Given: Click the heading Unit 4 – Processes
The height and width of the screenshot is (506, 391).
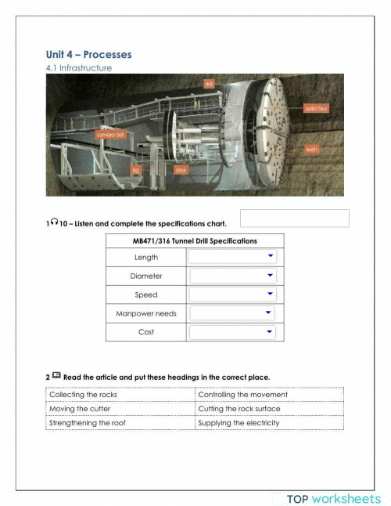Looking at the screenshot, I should [88, 54].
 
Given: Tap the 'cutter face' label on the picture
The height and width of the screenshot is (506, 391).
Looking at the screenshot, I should [316, 109].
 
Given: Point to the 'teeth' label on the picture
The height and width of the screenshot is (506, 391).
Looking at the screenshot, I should [311, 149].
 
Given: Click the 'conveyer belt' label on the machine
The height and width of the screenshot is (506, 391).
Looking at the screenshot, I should [110, 134].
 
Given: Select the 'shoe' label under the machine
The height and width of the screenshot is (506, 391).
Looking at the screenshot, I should [181, 169].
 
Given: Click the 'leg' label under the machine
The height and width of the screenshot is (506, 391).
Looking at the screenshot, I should [135, 169].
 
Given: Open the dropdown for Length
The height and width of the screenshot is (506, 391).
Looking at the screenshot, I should [233, 256].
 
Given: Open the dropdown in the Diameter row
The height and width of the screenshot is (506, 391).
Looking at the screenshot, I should [233, 276].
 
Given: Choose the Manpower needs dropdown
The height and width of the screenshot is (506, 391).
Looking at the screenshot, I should [233, 313].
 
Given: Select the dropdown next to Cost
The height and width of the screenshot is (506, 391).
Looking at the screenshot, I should [233, 332].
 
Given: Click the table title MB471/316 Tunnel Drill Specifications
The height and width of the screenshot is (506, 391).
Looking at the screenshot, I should [194, 240].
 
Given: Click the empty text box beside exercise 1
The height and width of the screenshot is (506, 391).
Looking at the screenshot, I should [294, 219].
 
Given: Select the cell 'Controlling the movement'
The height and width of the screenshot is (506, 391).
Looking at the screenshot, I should [242, 395].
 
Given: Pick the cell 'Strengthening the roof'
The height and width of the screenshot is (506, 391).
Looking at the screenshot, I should [87, 423].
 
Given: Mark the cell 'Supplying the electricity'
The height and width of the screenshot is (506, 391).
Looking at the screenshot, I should [239, 423].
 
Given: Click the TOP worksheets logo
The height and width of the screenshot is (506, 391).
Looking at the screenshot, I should [333, 498].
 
